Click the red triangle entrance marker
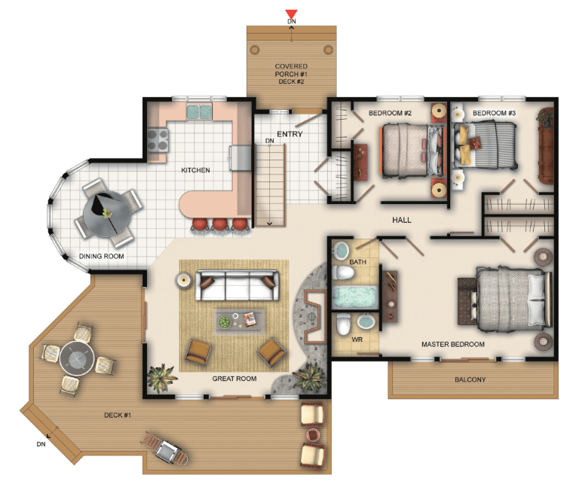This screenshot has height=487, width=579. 291,14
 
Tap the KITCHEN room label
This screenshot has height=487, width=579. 195,170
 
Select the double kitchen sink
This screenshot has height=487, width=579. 199,111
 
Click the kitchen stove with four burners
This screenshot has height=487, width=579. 158,140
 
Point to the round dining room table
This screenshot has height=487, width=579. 106,215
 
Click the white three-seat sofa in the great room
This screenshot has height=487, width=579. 237,285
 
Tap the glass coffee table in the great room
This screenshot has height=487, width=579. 240,321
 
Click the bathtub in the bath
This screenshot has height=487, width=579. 354,297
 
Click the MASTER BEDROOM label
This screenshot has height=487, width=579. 453,344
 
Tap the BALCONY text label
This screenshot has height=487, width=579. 470,379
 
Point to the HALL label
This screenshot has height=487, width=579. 402,220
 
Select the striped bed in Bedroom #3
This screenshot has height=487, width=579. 486,145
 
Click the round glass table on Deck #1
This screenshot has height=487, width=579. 77,359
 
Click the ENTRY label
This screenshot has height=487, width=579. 289,134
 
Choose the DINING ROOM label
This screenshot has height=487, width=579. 102,256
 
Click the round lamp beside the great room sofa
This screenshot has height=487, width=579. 183,281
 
